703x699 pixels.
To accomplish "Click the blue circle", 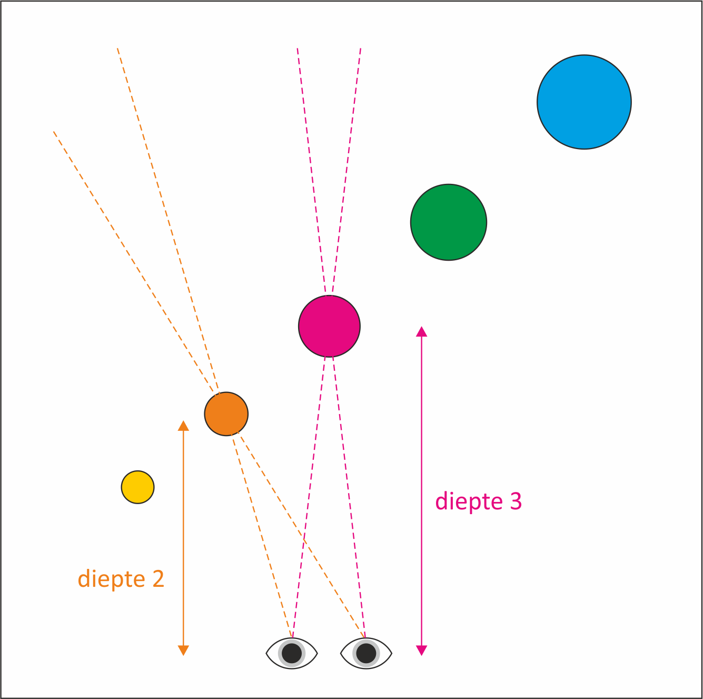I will coord(584,102).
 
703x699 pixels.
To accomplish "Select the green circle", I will coord(449,222).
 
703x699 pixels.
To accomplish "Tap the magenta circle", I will coord(329,326).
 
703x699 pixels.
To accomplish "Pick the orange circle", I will coord(226,414).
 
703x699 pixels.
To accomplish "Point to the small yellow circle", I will coord(137,487).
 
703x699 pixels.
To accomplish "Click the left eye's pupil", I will coord(292,654).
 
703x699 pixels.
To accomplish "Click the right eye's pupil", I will coord(367,654).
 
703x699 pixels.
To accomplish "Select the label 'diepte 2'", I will coord(121,579).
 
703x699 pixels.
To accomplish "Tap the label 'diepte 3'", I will coord(478,501).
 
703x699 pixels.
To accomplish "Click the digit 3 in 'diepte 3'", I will coord(516,501).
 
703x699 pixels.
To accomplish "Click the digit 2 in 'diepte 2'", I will coord(158,579).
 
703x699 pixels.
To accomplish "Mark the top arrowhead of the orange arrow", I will coord(183,426).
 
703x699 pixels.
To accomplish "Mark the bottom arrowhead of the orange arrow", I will coord(183,651).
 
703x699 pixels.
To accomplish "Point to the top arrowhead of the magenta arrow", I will coord(421,331).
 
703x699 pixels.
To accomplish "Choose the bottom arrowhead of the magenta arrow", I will coord(421,651).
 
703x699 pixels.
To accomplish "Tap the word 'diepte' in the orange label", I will coord(112,579).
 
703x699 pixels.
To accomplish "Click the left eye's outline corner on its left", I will coord(267,654).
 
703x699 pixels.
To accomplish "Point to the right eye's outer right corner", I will coord(391,654).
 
